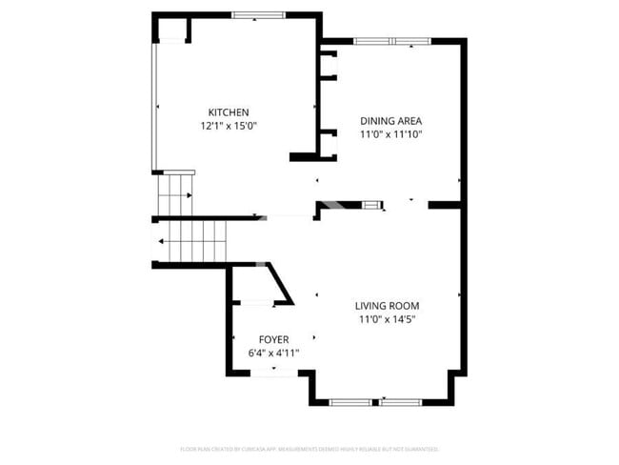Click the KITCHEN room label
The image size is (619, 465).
click(229, 111)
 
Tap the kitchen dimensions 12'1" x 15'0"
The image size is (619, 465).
click(229, 125)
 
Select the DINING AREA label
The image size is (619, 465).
click(390, 121)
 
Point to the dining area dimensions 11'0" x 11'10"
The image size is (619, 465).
click(390, 134)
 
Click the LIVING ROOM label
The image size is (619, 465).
click(387, 306)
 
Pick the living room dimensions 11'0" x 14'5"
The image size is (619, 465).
click(387, 319)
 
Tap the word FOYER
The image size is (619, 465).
click(273, 339)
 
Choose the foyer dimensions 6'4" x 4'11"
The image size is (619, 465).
click(273, 353)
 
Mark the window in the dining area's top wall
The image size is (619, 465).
click(390, 41)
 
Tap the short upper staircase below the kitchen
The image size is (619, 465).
click(175, 195)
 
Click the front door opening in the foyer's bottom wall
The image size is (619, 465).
click(273, 373)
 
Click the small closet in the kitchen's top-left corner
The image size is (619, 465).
click(172, 30)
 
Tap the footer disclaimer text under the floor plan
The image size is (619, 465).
click(309, 448)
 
